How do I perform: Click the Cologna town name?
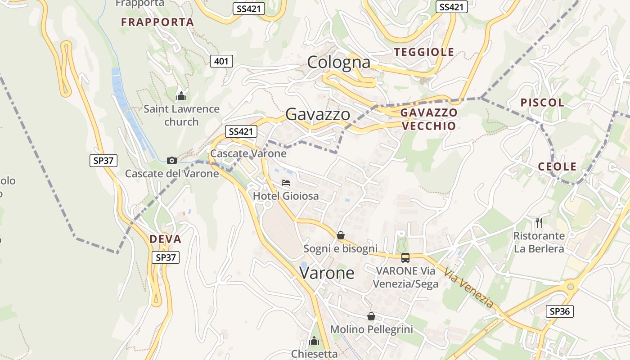338,62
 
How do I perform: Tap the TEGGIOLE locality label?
424,52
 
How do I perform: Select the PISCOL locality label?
542,103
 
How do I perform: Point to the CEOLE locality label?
557,167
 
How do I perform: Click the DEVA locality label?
165,239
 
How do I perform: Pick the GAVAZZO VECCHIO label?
428,119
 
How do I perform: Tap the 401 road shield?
221,61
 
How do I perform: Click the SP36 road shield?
560,311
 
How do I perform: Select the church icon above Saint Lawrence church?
181,96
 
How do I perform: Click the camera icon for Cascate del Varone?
171,160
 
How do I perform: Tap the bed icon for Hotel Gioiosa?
285,183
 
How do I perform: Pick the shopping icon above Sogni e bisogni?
341,235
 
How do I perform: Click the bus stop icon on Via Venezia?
405,257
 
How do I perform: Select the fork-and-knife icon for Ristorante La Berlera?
539,222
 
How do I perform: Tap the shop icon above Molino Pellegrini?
371,316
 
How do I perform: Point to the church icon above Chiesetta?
314,341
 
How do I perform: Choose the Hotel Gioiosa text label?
286,196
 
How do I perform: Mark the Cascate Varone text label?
248,153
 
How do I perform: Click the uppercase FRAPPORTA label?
157,22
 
